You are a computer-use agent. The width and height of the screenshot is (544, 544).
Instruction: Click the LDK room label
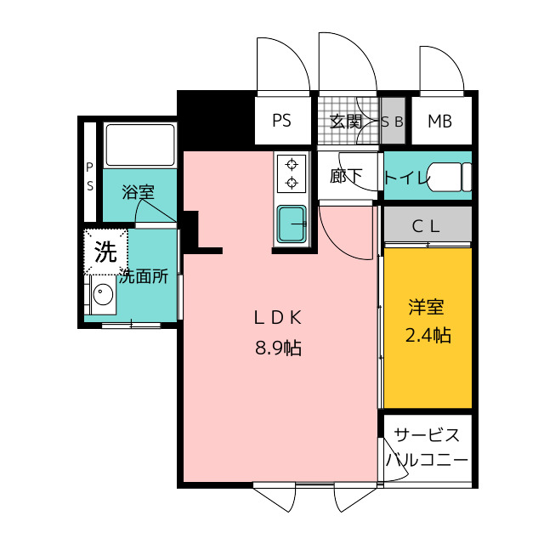coord(279,318)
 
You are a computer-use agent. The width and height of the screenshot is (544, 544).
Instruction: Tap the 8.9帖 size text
coord(279,347)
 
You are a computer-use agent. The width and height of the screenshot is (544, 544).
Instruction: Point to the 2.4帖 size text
coord(427,335)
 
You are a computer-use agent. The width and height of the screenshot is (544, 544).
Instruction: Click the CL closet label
coord(427,226)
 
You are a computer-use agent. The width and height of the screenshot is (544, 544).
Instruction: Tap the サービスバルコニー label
coord(427,448)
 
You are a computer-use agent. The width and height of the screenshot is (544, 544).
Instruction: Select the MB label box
coord(439,121)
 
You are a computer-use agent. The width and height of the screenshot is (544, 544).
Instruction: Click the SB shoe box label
coord(392,122)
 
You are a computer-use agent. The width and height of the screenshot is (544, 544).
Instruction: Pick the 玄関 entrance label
coord(346,121)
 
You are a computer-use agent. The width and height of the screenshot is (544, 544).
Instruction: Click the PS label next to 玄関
coord(281,121)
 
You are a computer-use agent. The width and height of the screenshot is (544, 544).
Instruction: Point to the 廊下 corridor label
coord(346,176)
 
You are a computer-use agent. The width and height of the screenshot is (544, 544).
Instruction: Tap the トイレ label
coord(405,177)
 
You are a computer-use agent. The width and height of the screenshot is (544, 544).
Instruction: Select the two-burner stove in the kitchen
coord(292,173)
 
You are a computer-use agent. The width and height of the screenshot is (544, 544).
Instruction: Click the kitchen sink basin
coord(292,224)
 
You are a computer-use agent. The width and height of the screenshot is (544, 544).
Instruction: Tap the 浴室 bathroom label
coord(138,192)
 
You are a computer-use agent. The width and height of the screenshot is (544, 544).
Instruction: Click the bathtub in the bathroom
coord(140,144)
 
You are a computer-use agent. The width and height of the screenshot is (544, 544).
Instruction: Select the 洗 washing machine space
coord(105,251)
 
